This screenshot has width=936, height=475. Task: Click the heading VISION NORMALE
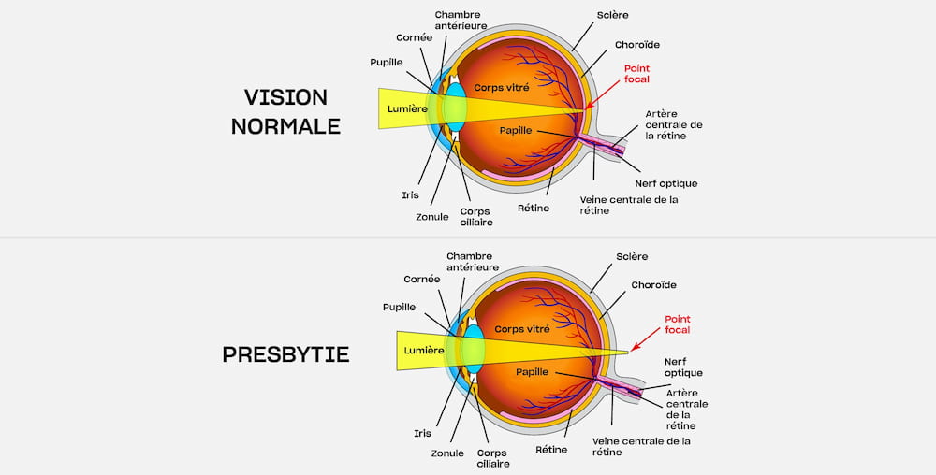tap(285, 111)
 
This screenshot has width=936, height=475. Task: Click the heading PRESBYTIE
tap(285, 354)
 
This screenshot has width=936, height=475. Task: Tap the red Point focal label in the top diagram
tap(636, 74)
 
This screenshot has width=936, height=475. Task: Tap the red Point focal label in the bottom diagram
tap(677, 324)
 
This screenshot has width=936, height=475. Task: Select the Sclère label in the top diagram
tap(612, 16)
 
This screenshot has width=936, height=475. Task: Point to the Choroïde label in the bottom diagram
tap(653, 284)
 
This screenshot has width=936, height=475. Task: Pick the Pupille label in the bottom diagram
tap(399, 307)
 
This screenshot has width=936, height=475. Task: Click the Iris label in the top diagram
tap(409, 195)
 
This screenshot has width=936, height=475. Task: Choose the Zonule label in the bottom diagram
tap(447, 453)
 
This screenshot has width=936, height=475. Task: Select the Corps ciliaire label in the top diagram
tap(476, 217)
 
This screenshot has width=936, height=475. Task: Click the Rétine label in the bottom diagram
tap(551, 449)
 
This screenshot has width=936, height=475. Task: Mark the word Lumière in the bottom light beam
tap(423, 350)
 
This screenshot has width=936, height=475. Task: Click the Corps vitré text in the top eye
tap(502, 87)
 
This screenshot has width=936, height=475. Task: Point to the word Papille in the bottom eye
tap(532, 372)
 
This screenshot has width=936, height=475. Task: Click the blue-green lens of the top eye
tap(454, 107)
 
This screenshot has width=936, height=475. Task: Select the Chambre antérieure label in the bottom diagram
tap(473, 261)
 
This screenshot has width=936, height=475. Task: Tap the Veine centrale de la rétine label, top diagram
tap(628, 205)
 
